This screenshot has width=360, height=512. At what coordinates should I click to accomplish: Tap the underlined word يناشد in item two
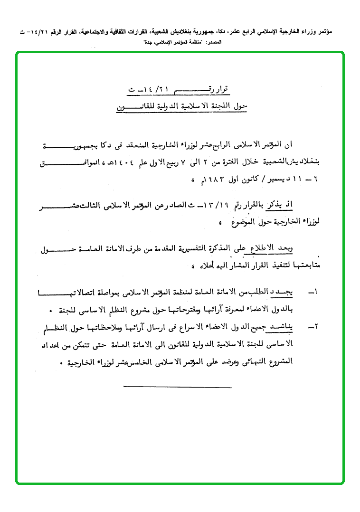(x=279, y=327)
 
